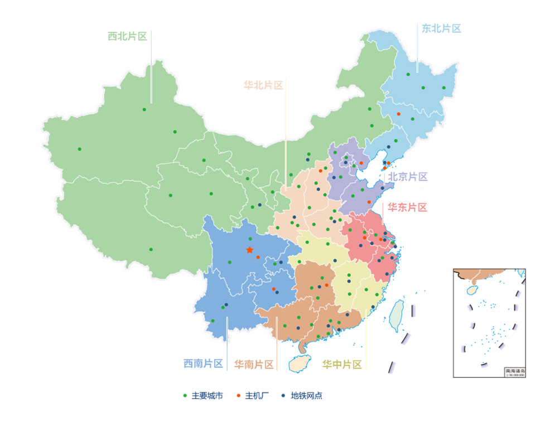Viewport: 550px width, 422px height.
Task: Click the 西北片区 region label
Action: [128, 37]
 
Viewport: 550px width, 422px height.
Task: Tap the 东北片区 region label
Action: [441, 29]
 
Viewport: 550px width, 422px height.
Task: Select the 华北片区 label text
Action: [263, 85]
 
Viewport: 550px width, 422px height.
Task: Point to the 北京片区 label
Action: [408, 177]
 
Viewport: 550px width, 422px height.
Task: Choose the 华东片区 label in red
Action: [408, 207]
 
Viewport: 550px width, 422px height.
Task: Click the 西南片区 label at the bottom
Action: [204, 363]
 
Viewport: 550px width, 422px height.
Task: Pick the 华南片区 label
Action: [254, 365]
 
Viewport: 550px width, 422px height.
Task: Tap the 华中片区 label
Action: [342, 365]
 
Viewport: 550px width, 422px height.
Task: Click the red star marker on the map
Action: [249, 250]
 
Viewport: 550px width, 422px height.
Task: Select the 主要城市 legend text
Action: [207, 396]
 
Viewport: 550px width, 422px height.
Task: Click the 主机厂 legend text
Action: [257, 396]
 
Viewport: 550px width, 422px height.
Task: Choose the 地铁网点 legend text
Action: [306, 396]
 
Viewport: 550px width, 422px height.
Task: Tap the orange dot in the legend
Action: [238, 396]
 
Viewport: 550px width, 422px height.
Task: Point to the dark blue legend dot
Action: [283, 396]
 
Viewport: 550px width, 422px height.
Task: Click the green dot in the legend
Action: [185, 396]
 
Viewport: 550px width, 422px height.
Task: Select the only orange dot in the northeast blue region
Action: [398, 114]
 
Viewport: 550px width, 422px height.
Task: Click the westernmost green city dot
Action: [79, 149]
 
